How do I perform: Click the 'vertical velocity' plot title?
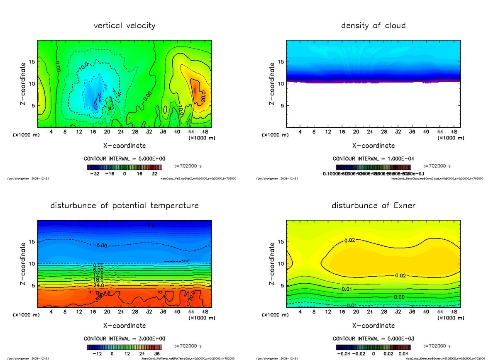(124, 26)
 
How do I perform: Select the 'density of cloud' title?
(373, 26)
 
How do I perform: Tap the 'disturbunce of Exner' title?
(373, 206)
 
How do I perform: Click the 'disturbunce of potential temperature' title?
(124, 206)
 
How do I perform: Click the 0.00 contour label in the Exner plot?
(399, 297)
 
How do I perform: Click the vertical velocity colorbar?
(124, 167)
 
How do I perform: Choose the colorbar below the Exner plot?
(373, 347)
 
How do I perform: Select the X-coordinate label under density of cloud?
(373, 146)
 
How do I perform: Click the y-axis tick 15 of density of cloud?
(280, 62)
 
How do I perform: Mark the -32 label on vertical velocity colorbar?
(96, 174)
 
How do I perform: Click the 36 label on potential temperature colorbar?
(157, 354)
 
